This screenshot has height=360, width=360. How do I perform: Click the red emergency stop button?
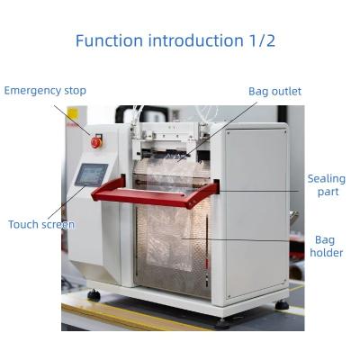[97, 141]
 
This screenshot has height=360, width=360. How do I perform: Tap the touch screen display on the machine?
[91, 174]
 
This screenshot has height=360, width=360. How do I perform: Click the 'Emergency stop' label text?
[45, 91]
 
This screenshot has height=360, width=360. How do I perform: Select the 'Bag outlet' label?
[274, 91]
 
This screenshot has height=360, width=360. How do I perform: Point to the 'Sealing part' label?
[326, 185]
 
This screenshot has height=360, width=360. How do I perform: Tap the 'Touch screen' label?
[41, 224]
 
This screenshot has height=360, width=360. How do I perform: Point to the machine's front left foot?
[94, 295]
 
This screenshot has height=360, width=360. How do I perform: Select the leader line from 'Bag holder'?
[243, 239]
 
